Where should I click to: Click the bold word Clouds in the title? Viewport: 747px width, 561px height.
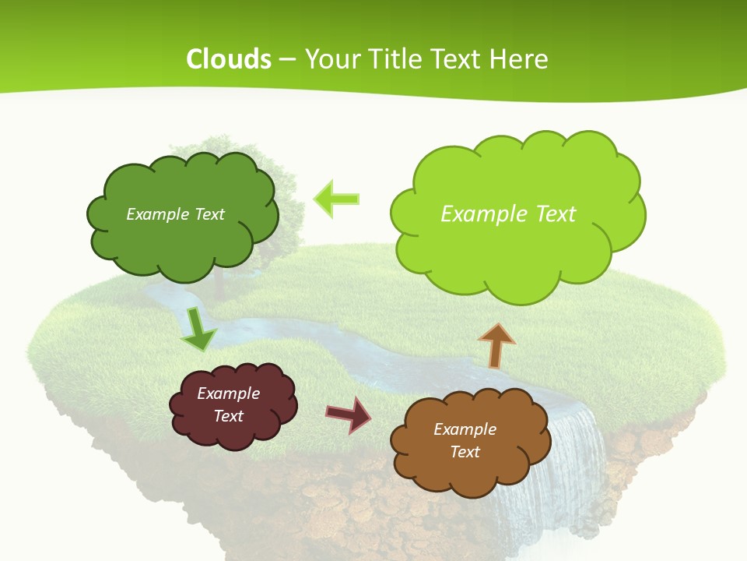coord(228,59)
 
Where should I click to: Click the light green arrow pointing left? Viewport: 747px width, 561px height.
coord(337,199)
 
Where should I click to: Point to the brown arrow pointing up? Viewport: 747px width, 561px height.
coord(496,346)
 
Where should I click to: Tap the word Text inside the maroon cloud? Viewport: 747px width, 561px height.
coord(229,416)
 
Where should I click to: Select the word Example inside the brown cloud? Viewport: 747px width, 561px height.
coord(465,429)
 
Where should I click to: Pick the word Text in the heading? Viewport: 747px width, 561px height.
coord(458,59)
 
